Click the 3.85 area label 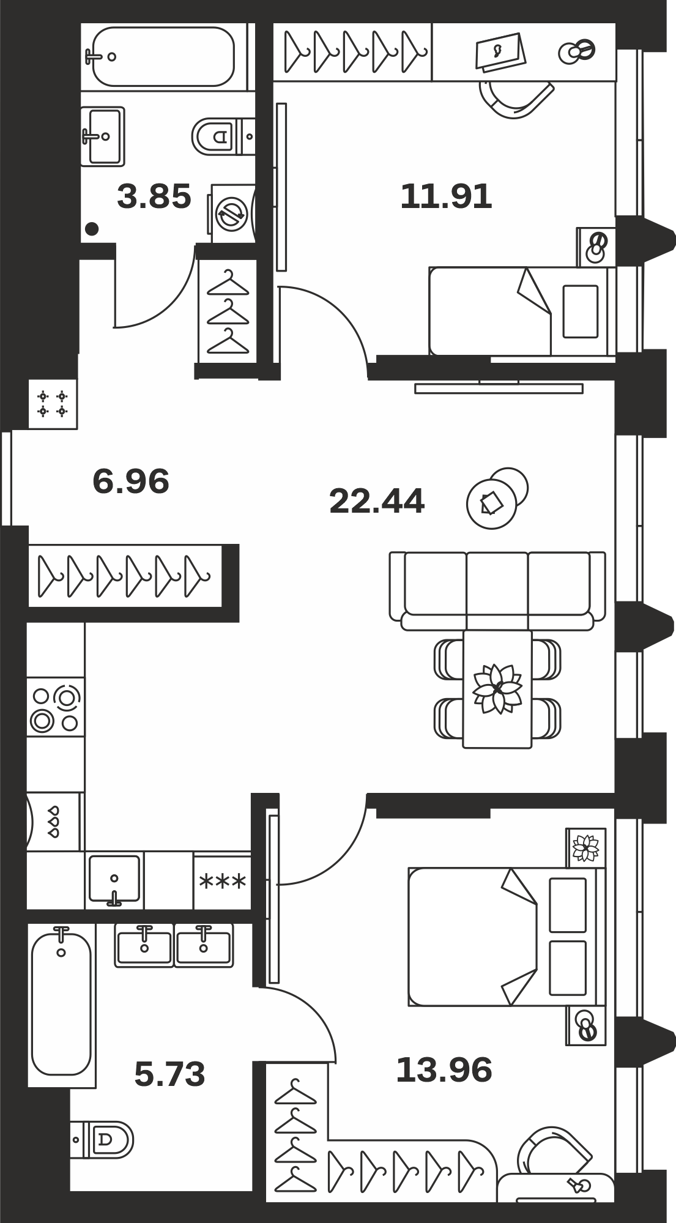(154, 197)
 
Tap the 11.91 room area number (446, 197)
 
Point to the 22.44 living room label (377, 501)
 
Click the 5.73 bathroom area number (169, 1075)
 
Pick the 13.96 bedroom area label (444, 1070)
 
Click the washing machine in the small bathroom (232, 214)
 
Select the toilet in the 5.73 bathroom (102, 1139)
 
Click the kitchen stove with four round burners (56, 707)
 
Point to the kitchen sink (114, 880)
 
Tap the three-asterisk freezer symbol (223, 882)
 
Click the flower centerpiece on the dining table (497, 688)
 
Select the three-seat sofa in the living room (497, 591)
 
